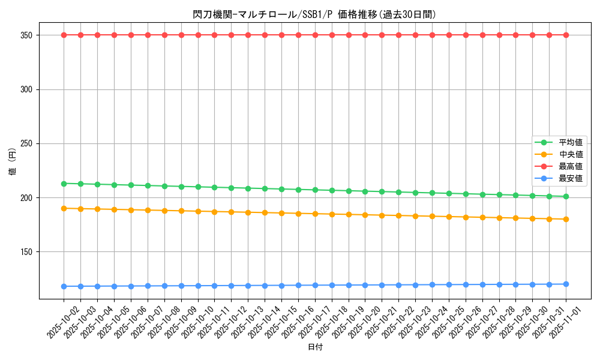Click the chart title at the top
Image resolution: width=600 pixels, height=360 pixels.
click(314, 14)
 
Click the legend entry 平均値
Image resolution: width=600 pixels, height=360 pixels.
click(571, 142)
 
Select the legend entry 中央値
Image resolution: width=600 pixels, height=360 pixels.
click(571, 154)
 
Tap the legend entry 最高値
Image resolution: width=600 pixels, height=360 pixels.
click(571, 166)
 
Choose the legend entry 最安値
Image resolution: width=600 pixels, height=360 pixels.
click(571, 178)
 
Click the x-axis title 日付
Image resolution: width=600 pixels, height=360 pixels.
click(314, 347)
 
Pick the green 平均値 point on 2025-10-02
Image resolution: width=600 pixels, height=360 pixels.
click(64, 184)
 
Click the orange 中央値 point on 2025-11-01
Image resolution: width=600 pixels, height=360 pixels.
click(566, 219)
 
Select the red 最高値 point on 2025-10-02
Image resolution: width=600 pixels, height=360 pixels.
click(64, 35)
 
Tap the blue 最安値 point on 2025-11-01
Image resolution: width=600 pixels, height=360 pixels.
click(566, 284)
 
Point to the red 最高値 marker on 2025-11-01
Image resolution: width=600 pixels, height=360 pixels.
click(566, 35)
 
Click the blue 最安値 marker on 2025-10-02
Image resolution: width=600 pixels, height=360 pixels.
click(64, 286)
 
